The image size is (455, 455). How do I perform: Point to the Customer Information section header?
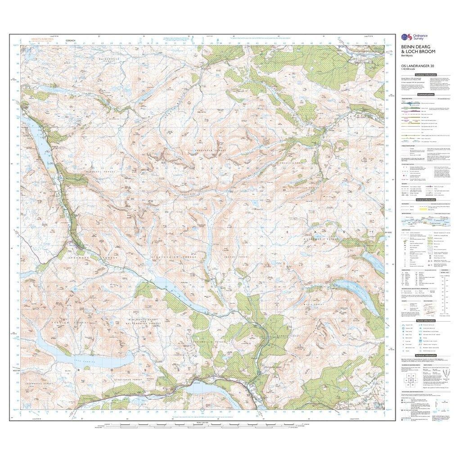coord(426,74)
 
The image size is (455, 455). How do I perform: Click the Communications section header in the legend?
coord(426,95)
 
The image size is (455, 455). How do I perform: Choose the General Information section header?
coord(426,200)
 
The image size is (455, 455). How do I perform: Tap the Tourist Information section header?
coord(426,320)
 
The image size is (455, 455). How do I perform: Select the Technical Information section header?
coord(426,355)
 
